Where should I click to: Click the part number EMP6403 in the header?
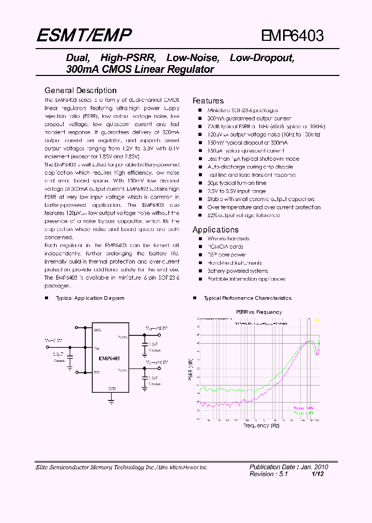(292, 36)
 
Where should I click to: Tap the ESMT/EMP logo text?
(84, 35)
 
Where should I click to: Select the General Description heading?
(80, 90)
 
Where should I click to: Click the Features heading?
(208, 101)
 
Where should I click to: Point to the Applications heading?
(215, 229)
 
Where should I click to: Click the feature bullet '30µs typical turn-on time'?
(237, 183)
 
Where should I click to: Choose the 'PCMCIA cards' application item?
(225, 247)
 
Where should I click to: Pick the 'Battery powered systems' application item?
(238, 271)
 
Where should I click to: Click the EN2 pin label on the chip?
(97, 329)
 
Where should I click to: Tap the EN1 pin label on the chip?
(97, 372)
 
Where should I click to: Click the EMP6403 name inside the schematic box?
(109, 358)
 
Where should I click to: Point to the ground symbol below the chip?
(111, 399)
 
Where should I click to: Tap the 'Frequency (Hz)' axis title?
(261, 426)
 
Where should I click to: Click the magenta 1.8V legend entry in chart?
(304, 408)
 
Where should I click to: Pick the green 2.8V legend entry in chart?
(304, 413)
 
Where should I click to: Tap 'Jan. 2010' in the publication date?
(316, 467)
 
